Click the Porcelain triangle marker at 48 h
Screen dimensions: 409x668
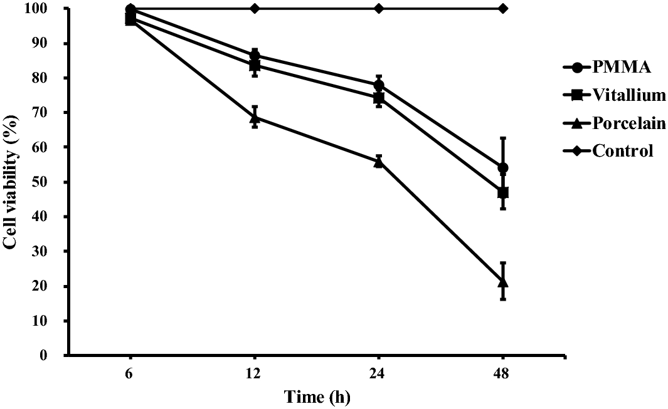click(x=502, y=282)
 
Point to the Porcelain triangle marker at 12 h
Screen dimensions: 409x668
click(x=255, y=117)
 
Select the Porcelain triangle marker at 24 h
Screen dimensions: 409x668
click(x=378, y=161)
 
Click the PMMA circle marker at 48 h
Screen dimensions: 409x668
click(x=502, y=168)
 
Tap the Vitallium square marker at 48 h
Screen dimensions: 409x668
click(x=502, y=192)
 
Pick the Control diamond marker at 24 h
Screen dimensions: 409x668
click(x=378, y=8)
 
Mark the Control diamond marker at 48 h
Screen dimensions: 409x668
click(x=502, y=8)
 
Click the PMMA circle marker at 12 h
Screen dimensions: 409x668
click(x=255, y=56)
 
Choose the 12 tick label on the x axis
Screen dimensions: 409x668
click(x=255, y=370)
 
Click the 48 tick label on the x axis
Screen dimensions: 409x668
click(x=502, y=370)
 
